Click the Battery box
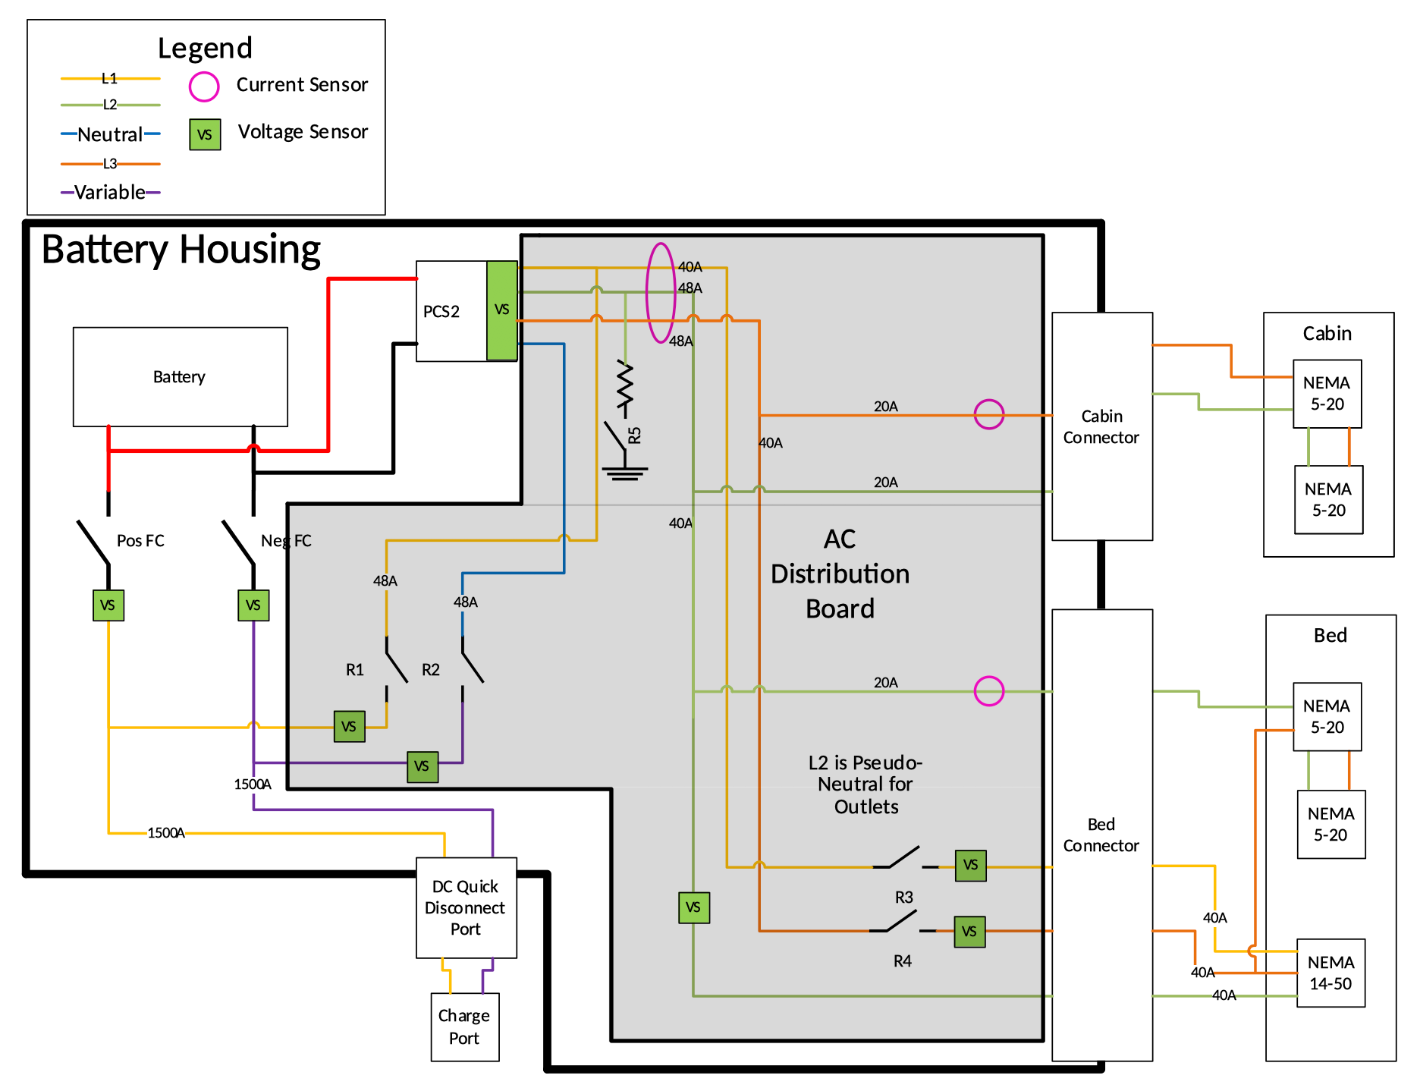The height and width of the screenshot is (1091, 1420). point(180,377)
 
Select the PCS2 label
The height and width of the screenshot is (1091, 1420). point(441,311)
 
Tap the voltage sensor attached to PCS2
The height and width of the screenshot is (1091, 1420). point(501,310)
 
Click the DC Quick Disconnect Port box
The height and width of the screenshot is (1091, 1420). point(466,907)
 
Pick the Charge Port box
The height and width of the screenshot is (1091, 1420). point(464,1027)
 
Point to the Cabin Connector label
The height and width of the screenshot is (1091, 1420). point(1101,426)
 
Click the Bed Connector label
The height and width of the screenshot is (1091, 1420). point(1101,835)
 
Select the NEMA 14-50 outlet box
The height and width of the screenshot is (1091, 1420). point(1330,973)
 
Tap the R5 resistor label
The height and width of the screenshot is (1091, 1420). point(635,435)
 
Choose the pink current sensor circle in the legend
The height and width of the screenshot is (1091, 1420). point(204,86)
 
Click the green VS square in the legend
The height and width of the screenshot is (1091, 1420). point(205,134)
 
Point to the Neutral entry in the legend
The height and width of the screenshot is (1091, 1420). point(111,134)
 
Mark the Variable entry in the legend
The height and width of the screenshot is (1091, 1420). point(110,192)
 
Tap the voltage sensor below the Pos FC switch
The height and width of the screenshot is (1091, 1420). point(108,605)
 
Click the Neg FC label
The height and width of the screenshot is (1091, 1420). point(286,540)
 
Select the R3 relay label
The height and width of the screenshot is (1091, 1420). point(903,898)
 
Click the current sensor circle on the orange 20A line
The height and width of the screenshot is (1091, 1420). point(989,414)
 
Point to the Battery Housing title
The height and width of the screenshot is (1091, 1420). point(181,250)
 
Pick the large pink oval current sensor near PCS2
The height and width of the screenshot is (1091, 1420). point(661,293)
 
